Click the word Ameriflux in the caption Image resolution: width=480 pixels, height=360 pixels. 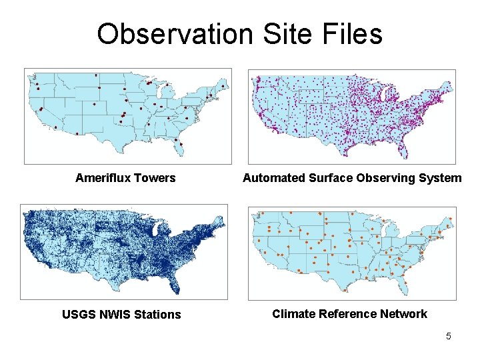(x=103, y=178)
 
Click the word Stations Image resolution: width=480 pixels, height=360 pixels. (x=157, y=315)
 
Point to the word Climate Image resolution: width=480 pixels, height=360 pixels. (x=294, y=314)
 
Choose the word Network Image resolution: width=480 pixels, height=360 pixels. (x=404, y=314)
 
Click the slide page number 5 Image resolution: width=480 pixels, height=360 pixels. (x=449, y=336)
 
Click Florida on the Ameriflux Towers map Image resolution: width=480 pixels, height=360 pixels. (x=179, y=147)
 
